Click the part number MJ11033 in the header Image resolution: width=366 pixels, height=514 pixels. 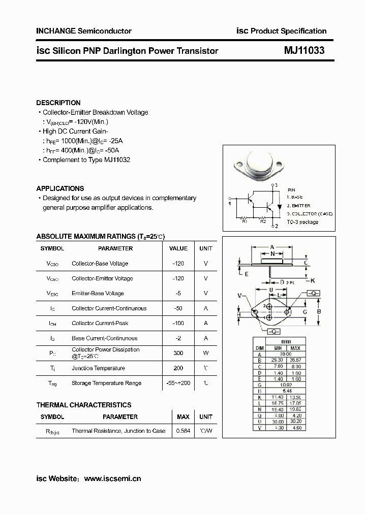coord(304,51)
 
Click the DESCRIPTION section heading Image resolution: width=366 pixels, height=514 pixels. coord(58,103)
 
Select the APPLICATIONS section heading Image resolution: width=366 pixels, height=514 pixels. coord(60,188)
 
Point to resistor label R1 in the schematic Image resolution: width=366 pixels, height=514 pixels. coord(244,222)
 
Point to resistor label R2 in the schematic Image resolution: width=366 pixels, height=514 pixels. coord(263,222)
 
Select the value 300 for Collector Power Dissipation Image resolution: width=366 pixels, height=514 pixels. coord(178,353)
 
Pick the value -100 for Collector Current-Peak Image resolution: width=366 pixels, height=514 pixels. coord(178,323)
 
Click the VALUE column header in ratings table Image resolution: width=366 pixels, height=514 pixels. coord(178,248)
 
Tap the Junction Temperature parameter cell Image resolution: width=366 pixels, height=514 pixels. coord(98,368)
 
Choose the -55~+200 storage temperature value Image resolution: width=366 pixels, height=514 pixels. coord(178,383)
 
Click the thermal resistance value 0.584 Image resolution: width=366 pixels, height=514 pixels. coord(183,431)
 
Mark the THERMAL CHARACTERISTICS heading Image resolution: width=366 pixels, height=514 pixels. coord(84,405)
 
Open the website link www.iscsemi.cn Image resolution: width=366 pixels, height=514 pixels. coord(112,478)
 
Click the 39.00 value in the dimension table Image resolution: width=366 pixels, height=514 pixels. coord(286,354)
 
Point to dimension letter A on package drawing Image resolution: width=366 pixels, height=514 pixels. coord(272,247)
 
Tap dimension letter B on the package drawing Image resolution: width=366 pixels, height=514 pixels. coord(319,311)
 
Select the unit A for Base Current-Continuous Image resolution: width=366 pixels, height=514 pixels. coord(206,338)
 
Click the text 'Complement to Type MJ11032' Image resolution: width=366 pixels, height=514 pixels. coord(86,159)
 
